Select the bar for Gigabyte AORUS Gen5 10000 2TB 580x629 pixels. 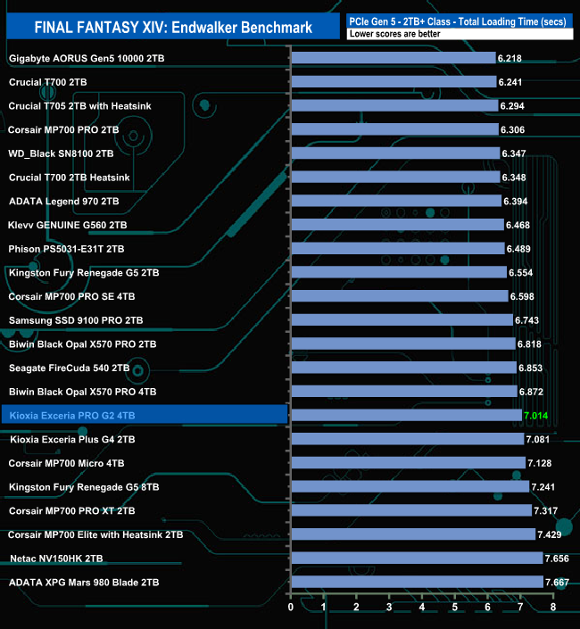point(394,58)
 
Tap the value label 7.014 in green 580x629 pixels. point(537,415)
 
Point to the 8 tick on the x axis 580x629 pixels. point(553,608)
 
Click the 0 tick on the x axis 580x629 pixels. point(291,608)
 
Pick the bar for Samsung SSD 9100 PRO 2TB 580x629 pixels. point(402,319)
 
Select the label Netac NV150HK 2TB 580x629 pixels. point(55,558)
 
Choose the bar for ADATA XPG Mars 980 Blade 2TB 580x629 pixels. point(417,582)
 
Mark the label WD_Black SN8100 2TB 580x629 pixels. point(61,153)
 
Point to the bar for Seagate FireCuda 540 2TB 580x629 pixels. point(403,368)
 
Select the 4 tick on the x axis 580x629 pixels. point(422,608)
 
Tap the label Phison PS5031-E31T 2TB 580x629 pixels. point(66,248)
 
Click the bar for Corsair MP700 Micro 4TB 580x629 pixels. point(408,462)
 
